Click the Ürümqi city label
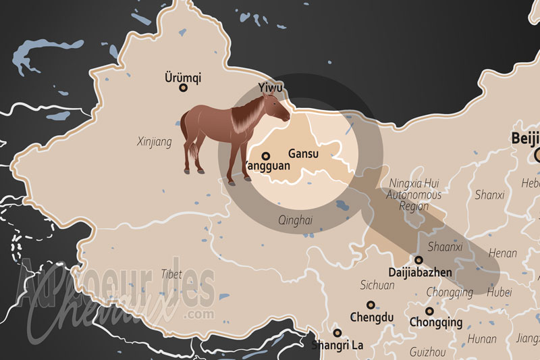pos(182,77)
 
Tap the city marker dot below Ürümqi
pos(182,88)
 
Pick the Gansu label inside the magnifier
pos(302,154)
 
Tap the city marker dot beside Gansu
pos(265,155)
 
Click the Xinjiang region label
pos(154,142)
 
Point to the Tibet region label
pos(171,274)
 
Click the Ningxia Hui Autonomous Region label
pos(414,195)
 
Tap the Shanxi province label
pos(489,195)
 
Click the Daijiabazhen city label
pos(420,272)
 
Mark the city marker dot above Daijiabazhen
pos(418,259)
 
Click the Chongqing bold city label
pos(435,322)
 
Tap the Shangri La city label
pos(337,344)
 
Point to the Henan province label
pos(502,253)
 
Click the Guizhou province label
pos(427,352)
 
